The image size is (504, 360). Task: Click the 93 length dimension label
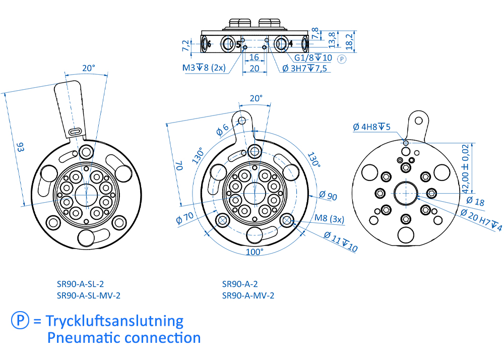click(21, 148)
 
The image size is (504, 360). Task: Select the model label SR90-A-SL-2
click(81, 284)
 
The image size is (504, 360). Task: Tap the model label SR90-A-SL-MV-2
click(89, 295)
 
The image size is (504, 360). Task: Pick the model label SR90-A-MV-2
click(248, 295)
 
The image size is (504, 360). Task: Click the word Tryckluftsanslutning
click(114, 321)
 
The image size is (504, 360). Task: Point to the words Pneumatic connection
click(124, 337)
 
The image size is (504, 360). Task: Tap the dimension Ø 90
click(328, 197)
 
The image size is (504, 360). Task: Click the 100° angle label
click(255, 251)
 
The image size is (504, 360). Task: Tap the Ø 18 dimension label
click(475, 202)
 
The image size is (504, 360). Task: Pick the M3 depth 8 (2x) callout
click(204, 68)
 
